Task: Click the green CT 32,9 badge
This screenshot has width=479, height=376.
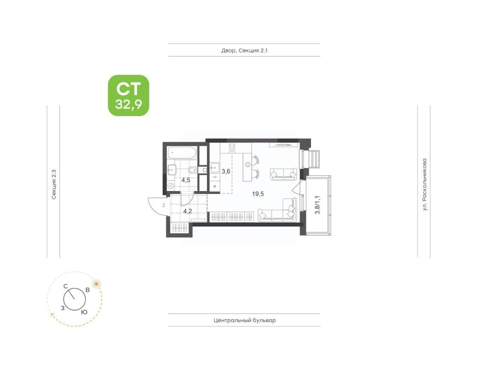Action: (128, 95)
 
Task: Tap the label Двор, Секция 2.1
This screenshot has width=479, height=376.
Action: (244, 50)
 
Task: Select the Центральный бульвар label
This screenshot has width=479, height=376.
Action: (244, 320)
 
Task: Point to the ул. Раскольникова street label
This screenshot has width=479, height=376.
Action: (424, 185)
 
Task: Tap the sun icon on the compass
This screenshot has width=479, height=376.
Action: (97, 284)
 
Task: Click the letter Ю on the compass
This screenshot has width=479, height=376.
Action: (84, 312)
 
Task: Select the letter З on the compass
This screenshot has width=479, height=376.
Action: (63, 307)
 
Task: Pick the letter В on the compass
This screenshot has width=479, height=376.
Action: (87, 290)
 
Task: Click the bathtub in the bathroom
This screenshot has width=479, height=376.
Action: (182, 152)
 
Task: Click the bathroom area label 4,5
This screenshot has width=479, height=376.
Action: (186, 180)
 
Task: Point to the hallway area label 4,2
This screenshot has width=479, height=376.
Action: (188, 211)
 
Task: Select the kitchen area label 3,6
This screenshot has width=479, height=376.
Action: (226, 171)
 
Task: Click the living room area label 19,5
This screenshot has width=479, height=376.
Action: (258, 194)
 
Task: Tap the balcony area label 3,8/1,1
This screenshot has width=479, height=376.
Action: (317, 205)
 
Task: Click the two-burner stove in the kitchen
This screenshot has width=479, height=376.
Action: (232, 148)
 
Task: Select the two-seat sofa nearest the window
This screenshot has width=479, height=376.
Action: (283, 174)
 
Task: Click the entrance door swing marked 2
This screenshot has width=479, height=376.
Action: (157, 206)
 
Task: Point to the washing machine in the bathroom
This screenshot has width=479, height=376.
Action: (171, 186)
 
